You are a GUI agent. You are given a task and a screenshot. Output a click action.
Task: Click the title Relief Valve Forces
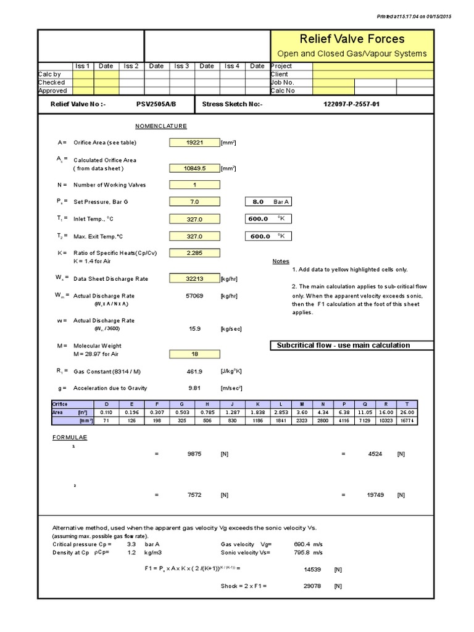[x=352, y=39]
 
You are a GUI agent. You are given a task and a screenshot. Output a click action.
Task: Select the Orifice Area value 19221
[x=194, y=143]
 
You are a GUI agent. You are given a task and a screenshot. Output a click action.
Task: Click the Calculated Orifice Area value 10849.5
[x=194, y=168]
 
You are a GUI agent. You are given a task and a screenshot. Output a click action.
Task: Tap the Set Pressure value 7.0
[x=194, y=202]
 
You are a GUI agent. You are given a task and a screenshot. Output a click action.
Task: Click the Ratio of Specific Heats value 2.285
[x=194, y=253]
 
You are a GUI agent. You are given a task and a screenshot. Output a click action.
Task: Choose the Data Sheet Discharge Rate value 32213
[x=194, y=278]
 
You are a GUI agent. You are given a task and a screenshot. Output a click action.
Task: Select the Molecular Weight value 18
[x=194, y=354]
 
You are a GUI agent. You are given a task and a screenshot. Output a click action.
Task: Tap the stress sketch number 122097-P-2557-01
[x=352, y=104]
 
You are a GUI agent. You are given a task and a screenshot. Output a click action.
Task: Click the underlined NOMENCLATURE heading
[x=161, y=126]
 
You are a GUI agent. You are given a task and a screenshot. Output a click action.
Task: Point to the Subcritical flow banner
[x=352, y=345]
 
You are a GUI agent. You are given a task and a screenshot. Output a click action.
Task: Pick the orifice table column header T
[x=425, y=404]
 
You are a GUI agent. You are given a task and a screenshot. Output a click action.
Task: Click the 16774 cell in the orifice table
[x=425, y=420]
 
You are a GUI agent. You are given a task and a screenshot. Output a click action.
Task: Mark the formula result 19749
[x=375, y=495]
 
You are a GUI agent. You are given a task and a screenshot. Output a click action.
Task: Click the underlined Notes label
[x=281, y=261]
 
